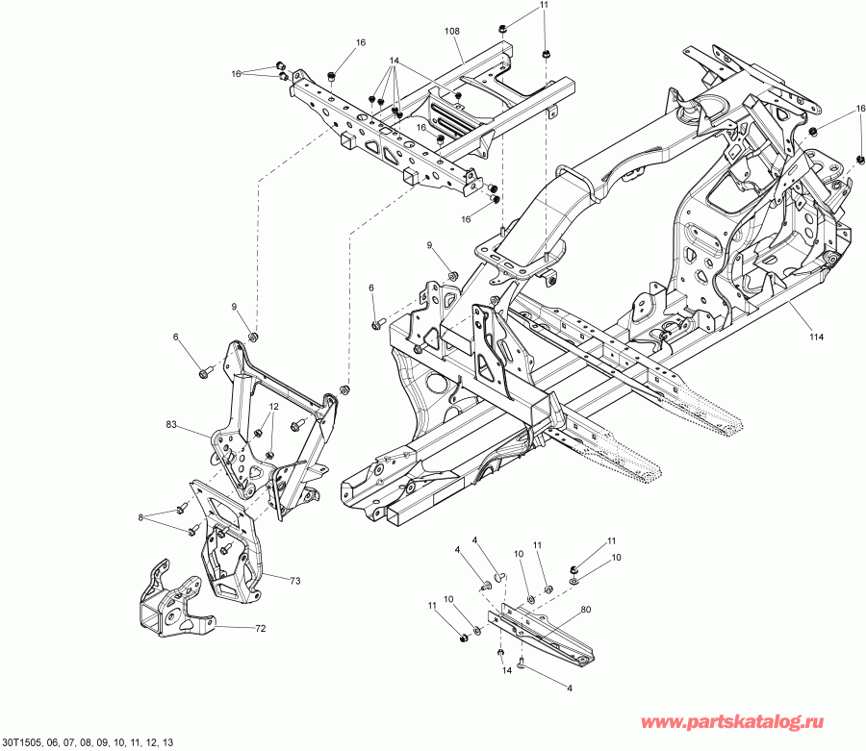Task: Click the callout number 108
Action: (x=451, y=32)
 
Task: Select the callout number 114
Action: (x=817, y=337)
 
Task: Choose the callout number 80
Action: (x=585, y=610)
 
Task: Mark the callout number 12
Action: (x=273, y=407)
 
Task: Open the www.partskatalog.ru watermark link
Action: (x=751, y=721)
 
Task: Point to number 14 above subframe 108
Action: (x=394, y=61)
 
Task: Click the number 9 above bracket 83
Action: (x=232, y=307)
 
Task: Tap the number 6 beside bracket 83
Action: (x=176, y=338)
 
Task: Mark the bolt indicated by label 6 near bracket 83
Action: (x=206, y=371)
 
